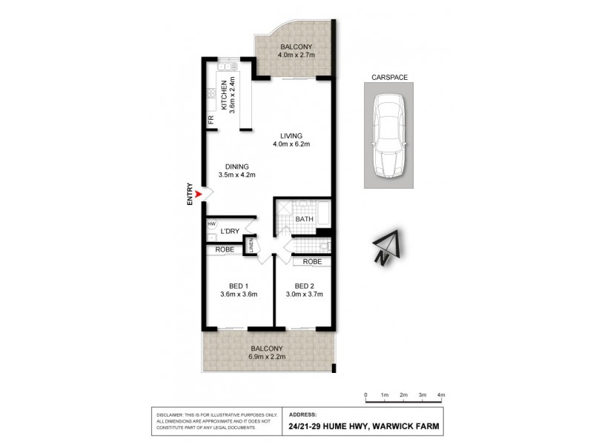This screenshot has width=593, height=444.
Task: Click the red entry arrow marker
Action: pyautogui.click(x=197, y=195)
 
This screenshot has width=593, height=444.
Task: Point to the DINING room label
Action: pyautogui.click(x=236, y=166)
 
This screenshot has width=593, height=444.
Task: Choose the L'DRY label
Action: pyautogui.click(x=229, y=232)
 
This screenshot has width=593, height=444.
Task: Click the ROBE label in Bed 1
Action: pyautogui.click(x=225, y=250)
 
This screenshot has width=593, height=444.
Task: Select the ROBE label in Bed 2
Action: pyautogui.click(x=311, y=262)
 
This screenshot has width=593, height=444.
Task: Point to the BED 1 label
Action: pyautogui.click(x=238, y=286)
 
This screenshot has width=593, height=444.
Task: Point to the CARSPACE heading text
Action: pyautogui.click(x=390, y=76)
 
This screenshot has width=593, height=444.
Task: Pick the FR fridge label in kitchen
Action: pyautogui.click(x=210, y=119)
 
